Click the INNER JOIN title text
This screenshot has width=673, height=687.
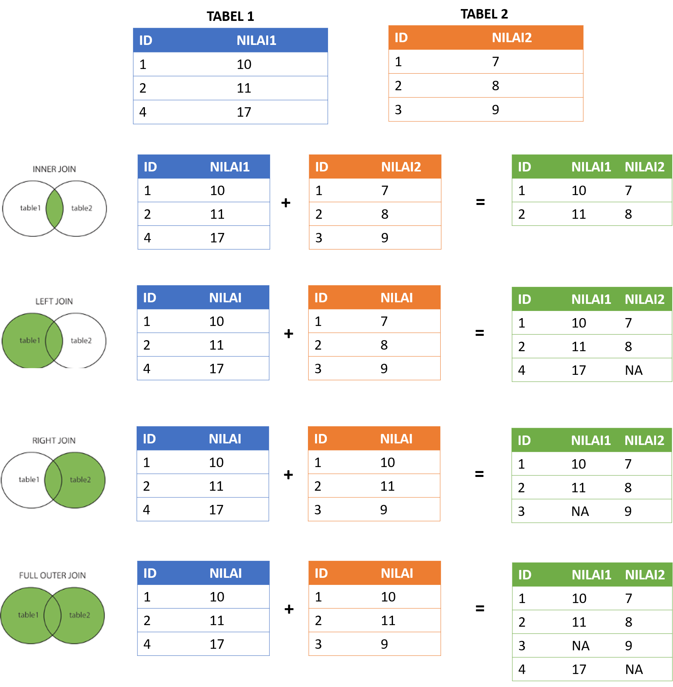pyautogui.click(x=54, y=169)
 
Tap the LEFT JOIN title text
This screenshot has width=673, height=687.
pyautogui.click(x=54, y=301)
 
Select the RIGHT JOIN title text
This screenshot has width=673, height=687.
pyautogui.click(x=54, y=441)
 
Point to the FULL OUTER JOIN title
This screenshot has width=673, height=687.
pyautogui.click(x=52, y=575)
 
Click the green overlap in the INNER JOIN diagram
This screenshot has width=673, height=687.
pyautogui.click(x=54, y=209)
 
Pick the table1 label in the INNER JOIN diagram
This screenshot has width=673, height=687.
pyautogui.click(x=30, y=208)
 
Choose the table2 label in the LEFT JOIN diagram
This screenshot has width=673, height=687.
pyautogui.click(x=81, y=341)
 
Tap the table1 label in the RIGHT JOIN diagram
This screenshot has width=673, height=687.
pyautogui.click(x=29, y=479)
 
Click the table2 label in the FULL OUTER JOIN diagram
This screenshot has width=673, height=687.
pyautogui.click(x=80, y=615)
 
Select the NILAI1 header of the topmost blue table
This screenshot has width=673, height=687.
pyautogui.click(x=256, y=40)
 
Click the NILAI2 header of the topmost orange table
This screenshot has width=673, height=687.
pyautogui.click(x=512, y=37)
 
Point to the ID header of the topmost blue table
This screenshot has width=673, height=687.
pyautogui.click(x=146, y=40)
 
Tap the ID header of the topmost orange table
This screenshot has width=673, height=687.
pyautogui.click(x=401, y=37)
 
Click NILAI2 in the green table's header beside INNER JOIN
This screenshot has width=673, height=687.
pyautogui.click(x=644, y=167)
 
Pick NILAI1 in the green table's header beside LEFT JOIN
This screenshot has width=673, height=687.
pyautogui.click(x=591, y=299)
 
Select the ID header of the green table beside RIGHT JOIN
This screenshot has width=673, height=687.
pyautogui.click(x=524, y=440)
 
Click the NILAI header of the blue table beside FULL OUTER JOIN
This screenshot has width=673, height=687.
pyautogui.click(x=226, y=573)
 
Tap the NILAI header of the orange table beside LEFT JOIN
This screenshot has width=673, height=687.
pyautogui.click(x=397, y=298)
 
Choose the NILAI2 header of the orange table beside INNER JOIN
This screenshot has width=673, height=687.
pyautogui.click(x=401, y=167)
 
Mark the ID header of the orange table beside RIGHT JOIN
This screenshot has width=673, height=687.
pyautogui.click(x=321, y=439)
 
